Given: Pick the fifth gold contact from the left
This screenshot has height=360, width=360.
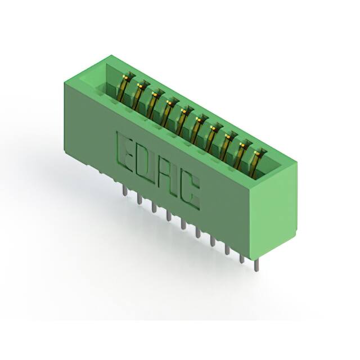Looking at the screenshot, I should coord(183,121).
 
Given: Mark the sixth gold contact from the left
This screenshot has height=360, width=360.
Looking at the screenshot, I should coord(197,129).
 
